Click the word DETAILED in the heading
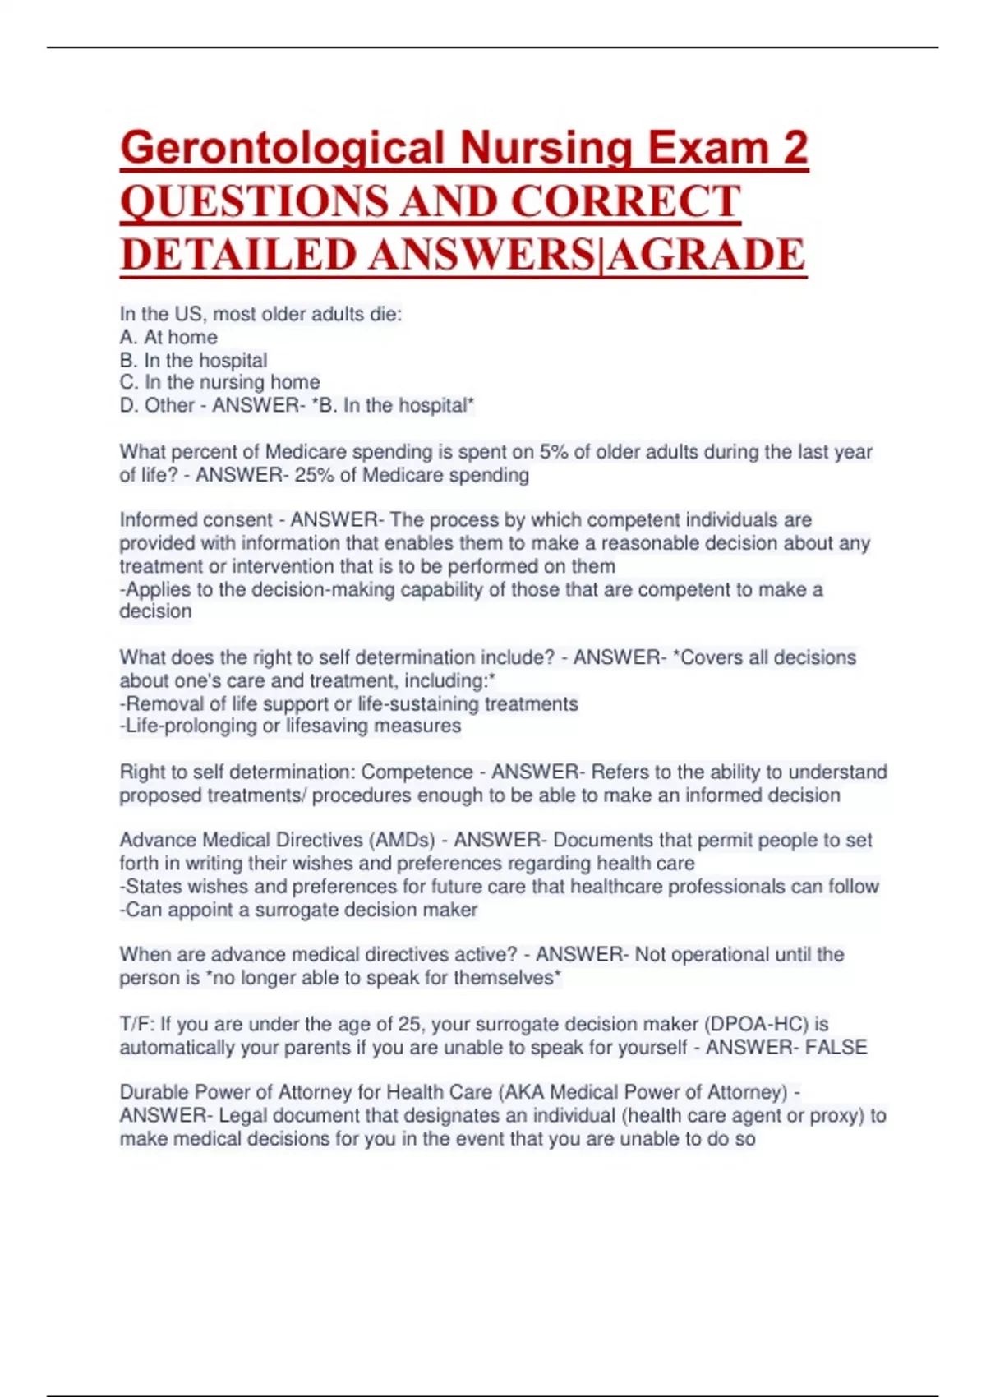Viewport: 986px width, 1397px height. (237, 255)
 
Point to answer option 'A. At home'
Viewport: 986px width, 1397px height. (168, 337)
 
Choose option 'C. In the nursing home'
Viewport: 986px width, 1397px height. (219, 382)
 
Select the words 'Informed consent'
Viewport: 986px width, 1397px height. (196, 520)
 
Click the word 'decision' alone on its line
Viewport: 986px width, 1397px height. (155, 611)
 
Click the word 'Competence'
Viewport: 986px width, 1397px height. (417, 772)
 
